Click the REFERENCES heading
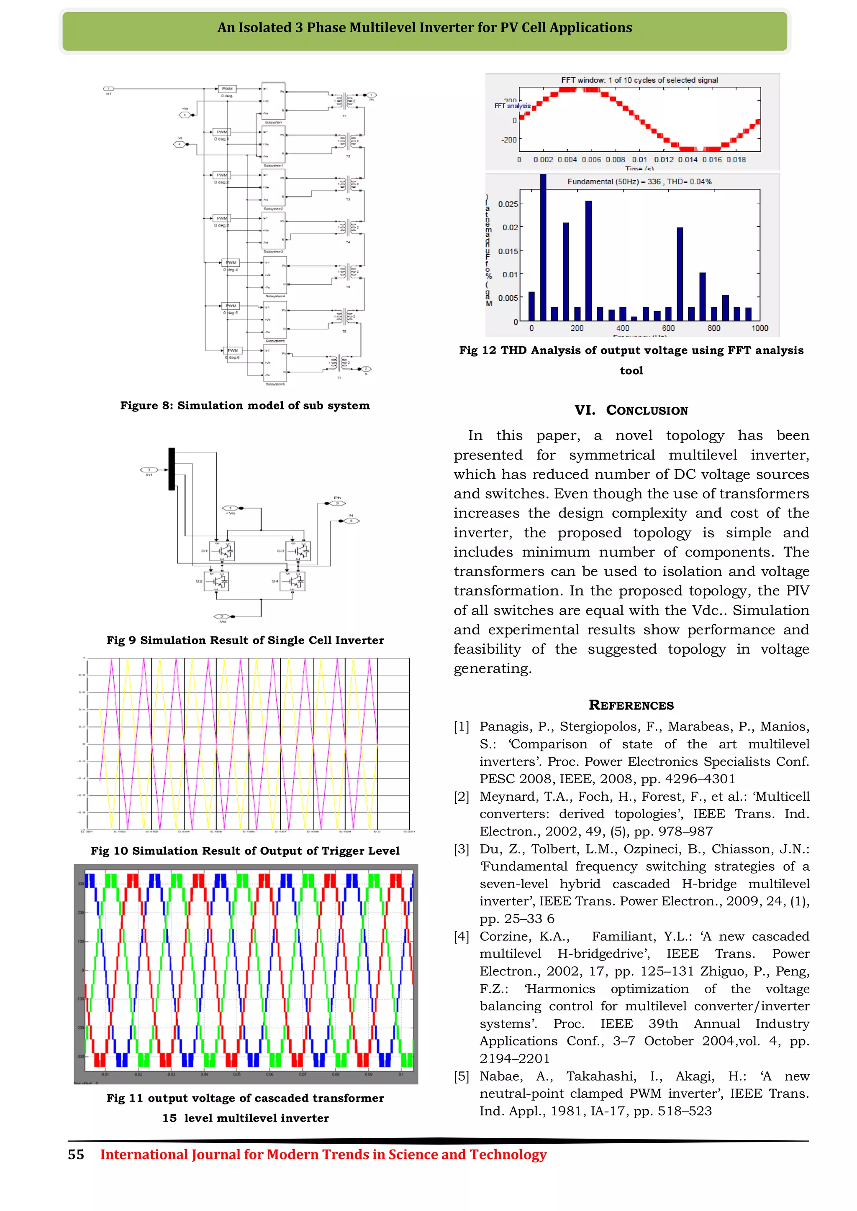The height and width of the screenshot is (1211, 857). pos(631,705)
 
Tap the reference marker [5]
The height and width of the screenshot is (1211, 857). pos(462,1076)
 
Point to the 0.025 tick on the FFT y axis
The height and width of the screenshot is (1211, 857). pos(508,204)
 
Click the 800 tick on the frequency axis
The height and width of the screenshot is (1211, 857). pos(713,328)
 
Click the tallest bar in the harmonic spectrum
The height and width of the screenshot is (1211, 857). pos(543,248)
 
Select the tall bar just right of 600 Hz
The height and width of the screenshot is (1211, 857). pos(680,274)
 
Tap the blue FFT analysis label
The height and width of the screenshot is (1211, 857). pos(512,106)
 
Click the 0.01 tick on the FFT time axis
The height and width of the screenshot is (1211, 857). pos(639,159)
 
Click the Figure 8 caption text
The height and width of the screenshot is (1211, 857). pos(245,406)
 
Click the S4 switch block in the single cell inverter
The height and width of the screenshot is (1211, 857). pos(293,581)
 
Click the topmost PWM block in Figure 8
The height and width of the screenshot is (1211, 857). pos(227,89)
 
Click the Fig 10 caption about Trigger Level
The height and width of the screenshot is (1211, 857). pos(245,851)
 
